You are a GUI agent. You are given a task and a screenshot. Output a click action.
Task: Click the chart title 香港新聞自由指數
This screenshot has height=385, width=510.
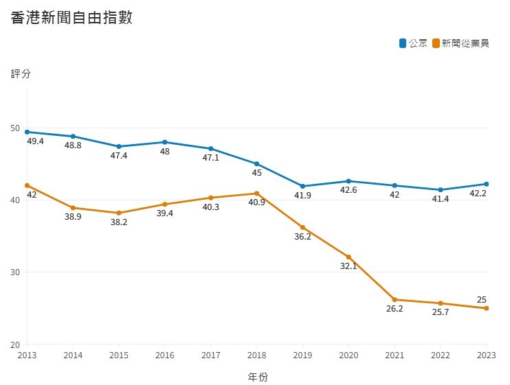72,19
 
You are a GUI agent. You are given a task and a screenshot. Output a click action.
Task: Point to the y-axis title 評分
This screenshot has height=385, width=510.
21,73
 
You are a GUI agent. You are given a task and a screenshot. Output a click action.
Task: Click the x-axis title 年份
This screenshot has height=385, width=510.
257,377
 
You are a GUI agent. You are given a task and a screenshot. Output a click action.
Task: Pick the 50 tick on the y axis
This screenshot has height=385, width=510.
16,128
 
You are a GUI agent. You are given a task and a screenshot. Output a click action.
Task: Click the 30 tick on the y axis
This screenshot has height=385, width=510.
16,272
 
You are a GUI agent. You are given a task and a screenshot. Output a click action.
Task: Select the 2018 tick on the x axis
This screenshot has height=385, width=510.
256,355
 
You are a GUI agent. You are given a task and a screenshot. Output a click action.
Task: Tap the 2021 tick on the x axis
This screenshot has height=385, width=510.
395,355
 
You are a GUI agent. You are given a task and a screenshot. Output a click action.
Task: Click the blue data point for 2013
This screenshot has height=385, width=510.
27,132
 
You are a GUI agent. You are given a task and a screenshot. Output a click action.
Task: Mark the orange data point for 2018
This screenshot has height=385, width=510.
256,194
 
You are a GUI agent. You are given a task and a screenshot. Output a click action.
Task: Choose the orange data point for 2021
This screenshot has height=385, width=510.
395,299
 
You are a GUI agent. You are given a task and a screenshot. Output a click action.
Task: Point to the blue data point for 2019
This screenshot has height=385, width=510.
302,186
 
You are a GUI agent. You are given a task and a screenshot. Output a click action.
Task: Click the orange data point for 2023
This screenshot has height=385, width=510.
487,308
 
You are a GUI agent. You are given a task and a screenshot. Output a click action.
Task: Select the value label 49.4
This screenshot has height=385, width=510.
35,141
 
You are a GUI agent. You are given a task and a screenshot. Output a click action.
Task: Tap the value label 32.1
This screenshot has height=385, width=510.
348,266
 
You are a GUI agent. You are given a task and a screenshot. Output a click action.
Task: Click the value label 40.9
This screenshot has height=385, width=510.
256,203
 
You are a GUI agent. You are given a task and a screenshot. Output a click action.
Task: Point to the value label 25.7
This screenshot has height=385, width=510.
441,313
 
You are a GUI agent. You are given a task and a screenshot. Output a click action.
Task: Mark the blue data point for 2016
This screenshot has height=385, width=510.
164,142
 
